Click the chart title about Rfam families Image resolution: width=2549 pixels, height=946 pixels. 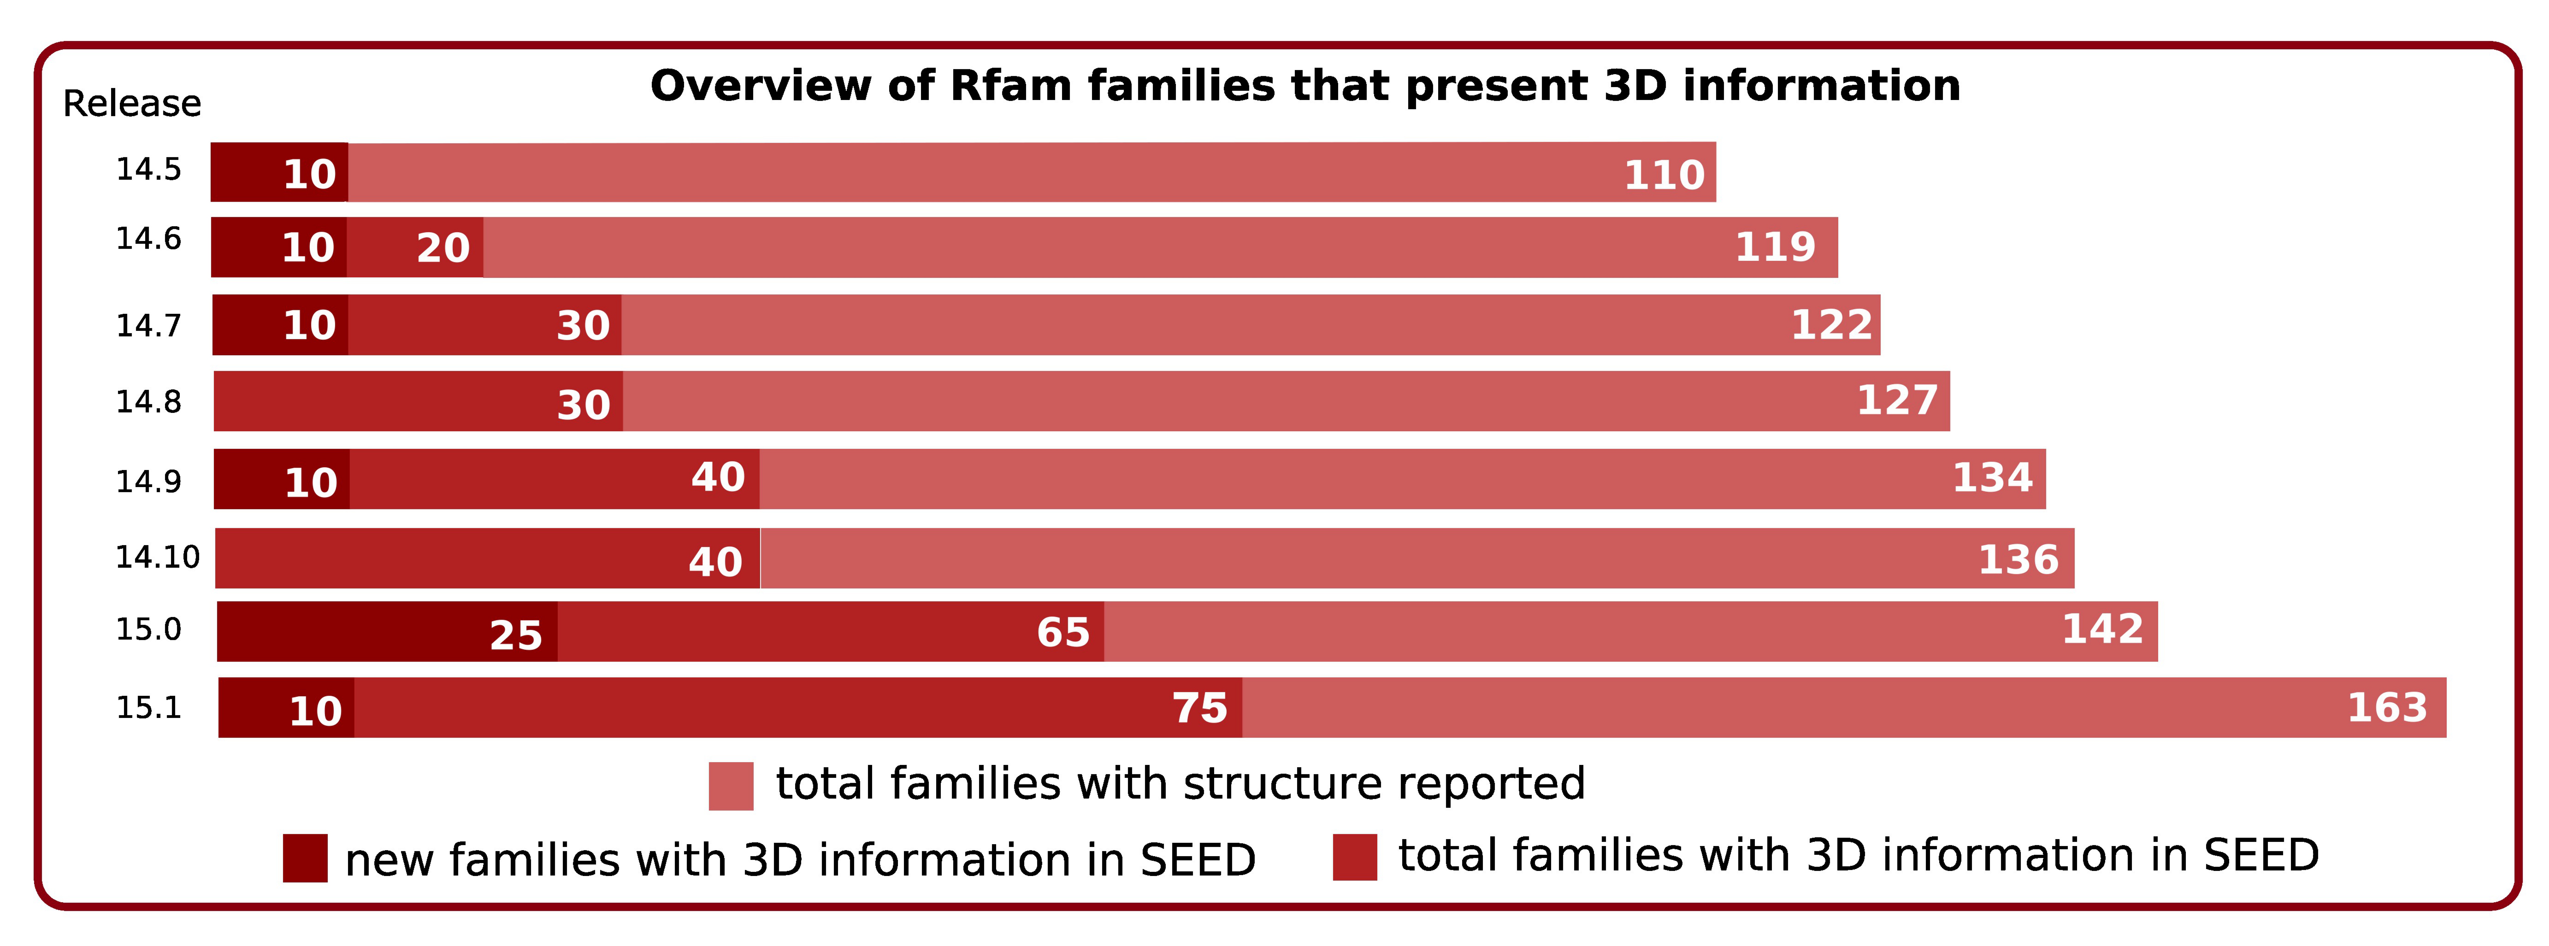[1304, 86]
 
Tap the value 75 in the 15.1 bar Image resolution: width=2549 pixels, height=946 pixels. [1199, 708]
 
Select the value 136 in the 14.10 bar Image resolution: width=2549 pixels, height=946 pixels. [2018, 560]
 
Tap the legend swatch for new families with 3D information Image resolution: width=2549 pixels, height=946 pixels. [305, 858]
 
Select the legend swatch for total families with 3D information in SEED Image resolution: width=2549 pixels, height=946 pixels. [1355, 857]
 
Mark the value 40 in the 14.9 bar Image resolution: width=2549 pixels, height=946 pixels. [717, 478]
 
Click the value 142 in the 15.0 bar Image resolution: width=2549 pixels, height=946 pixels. [2102, 629]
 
